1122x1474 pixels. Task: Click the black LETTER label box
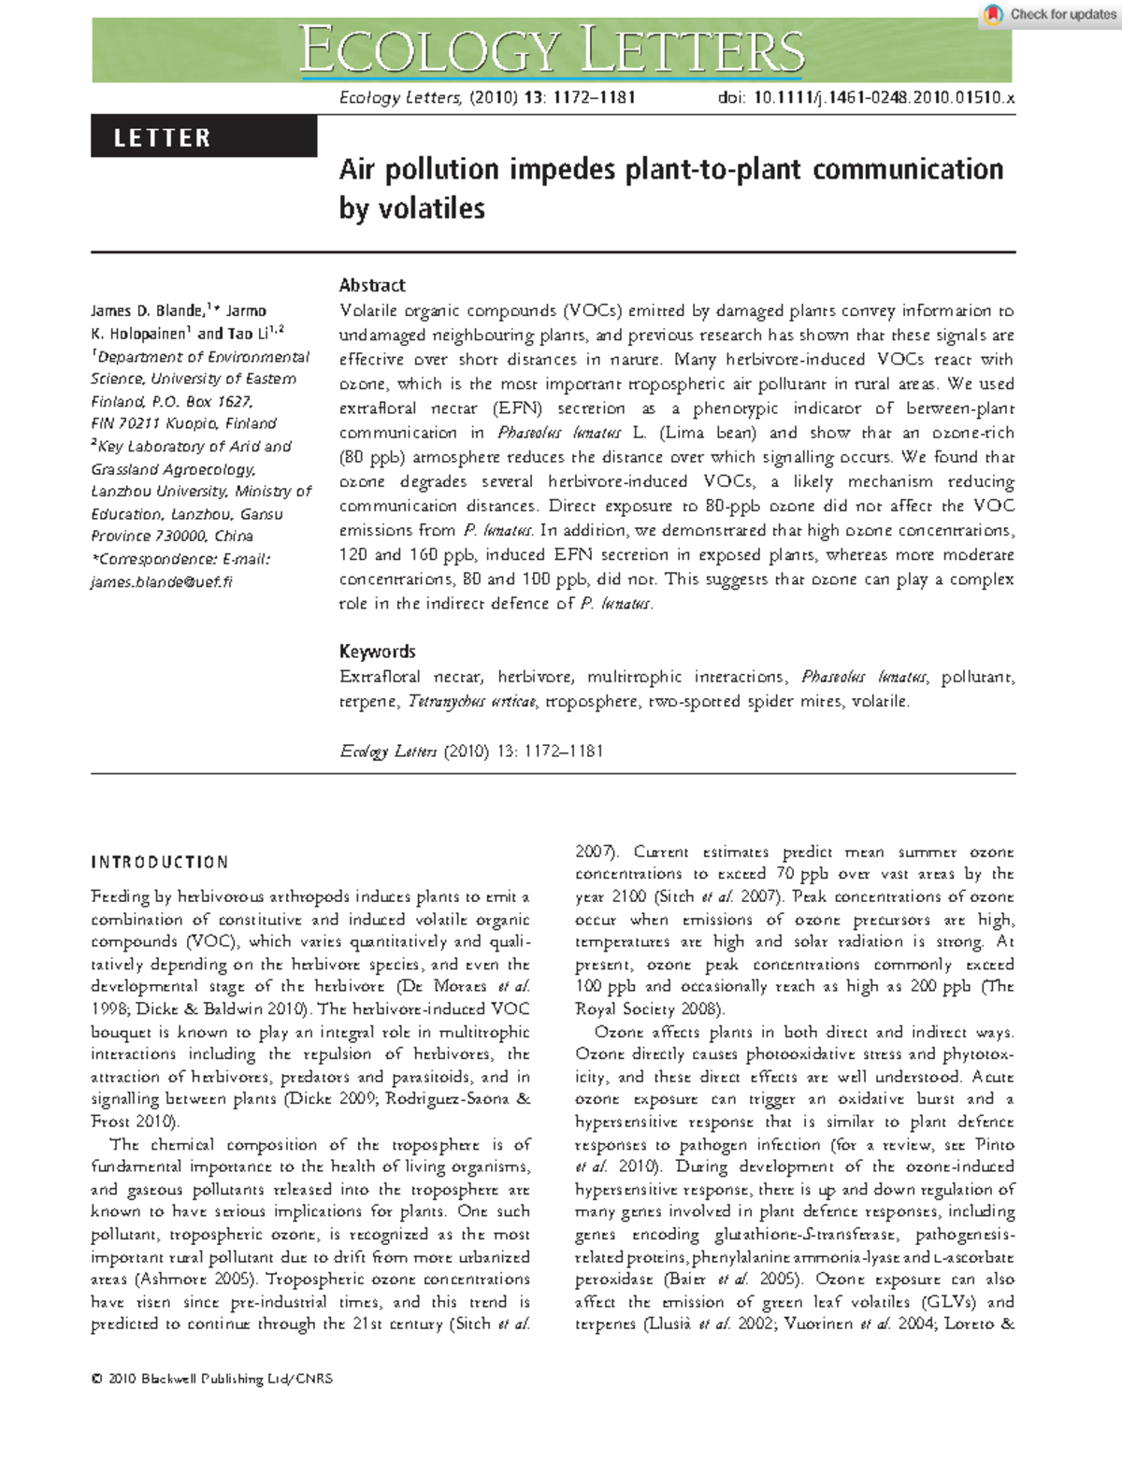pos(204,137)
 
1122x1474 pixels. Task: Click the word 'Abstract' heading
pos(372,285)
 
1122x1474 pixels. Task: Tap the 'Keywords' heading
pos(377,651)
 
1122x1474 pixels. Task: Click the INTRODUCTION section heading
pos(160,862)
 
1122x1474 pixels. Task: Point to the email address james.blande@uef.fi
pos(162,581)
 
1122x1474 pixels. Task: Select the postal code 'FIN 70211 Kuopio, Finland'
pos(183,423)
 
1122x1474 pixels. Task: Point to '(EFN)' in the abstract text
pos(517,408)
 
